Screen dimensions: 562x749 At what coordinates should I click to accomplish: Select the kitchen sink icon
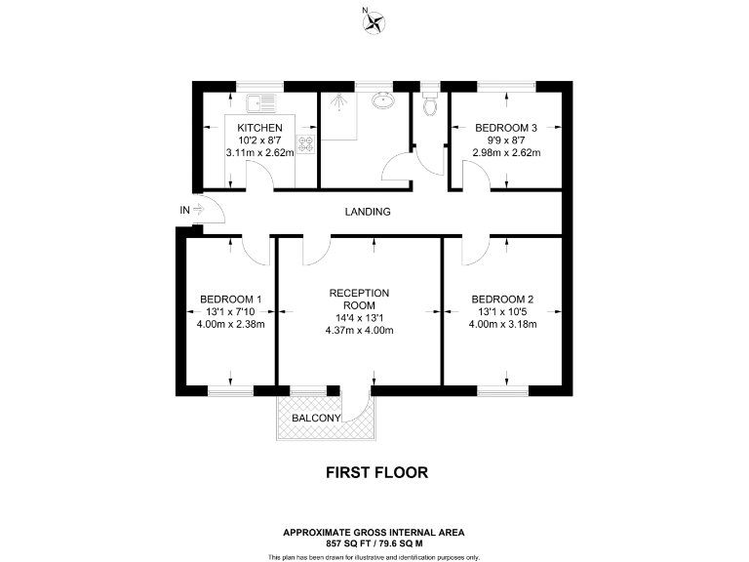(x=261, y=100)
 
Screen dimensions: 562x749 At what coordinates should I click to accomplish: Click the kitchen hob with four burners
(x=306, y=145)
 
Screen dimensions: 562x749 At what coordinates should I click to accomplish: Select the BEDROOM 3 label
(x=506, y=128)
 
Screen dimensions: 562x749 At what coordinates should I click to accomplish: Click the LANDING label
(x=368, y=212)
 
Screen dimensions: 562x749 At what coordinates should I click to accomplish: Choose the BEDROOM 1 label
(x=230, y=300)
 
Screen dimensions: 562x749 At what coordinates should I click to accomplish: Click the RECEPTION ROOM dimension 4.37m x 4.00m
(x=359, y=330)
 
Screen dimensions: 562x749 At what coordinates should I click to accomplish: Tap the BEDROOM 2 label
(x=502, y=300)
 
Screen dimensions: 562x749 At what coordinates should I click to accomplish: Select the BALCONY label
(x=316, y=419)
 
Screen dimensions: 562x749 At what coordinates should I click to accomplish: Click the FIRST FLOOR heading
(x=375, y=472)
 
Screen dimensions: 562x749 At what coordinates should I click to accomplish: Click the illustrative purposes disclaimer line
(x=374, y=556)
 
